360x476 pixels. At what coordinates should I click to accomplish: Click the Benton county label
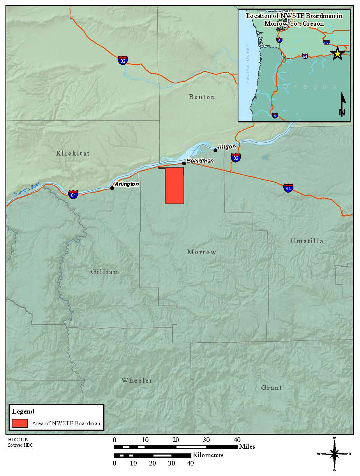pos(202,97)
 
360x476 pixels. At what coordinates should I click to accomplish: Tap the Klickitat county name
pos(73,153)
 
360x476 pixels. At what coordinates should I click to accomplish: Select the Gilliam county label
pos(105,272)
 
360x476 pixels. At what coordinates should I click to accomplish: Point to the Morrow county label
pos(202,252)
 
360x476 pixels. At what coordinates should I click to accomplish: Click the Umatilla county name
pos(307,241)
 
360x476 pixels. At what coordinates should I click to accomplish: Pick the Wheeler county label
pos(137,380)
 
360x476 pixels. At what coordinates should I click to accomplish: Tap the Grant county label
pos(272,388)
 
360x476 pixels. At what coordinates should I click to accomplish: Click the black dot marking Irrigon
pos(215,150)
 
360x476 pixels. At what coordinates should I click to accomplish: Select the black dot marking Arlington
pos(112,188)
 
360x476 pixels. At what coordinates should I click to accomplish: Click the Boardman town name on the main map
pos(200,161)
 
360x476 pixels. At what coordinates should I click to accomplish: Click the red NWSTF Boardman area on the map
pos(174,186)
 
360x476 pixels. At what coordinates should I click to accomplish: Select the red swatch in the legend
pos(20,423)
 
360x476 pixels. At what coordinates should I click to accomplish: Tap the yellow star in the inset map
pos(337,54)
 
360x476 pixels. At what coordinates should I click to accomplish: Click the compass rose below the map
pos(334,454)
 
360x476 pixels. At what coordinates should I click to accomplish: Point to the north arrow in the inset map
pos(342,104)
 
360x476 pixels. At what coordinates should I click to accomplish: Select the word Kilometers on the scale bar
pos(208,455)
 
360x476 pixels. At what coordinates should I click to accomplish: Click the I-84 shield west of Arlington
pos(73,194)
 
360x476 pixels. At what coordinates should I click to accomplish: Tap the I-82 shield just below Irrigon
pos(235,158)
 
